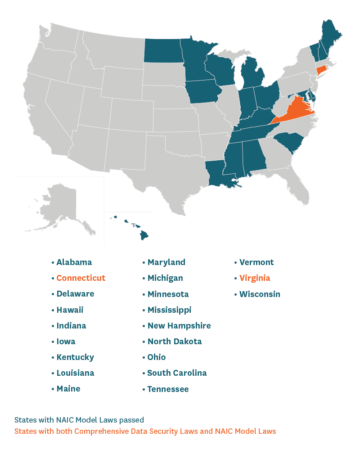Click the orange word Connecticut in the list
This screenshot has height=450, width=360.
tap(81, 278)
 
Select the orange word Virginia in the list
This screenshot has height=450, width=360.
tap(255, 278)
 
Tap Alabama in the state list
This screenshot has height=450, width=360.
tap(74, 262)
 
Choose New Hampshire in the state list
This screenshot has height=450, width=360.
tap(179, 326)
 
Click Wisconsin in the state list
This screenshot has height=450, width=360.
tap(260, 294)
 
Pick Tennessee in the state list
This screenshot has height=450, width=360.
tap(168, 389)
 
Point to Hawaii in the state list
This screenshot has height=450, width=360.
tap(70, 310)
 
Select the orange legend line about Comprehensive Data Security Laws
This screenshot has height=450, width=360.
tap(145, 431)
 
